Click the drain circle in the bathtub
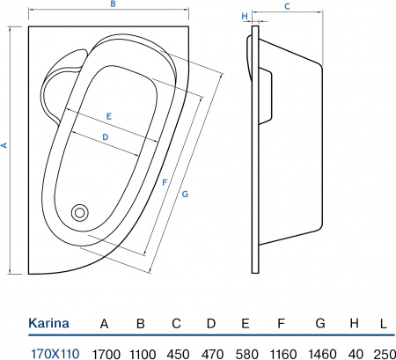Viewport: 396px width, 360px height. (80, 212)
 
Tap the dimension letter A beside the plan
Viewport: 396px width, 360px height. (4, 145)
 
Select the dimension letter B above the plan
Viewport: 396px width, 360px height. (113, 4)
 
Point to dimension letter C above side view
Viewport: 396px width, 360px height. (287, 6)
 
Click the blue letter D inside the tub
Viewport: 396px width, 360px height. (106, 137)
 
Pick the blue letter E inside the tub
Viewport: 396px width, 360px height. (109, 116)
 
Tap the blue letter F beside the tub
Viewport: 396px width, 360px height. (165, 182)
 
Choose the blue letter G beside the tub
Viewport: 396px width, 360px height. (185, 194)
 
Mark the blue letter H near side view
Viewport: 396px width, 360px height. (245, 16)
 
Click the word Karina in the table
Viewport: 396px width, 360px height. (48, 323)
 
